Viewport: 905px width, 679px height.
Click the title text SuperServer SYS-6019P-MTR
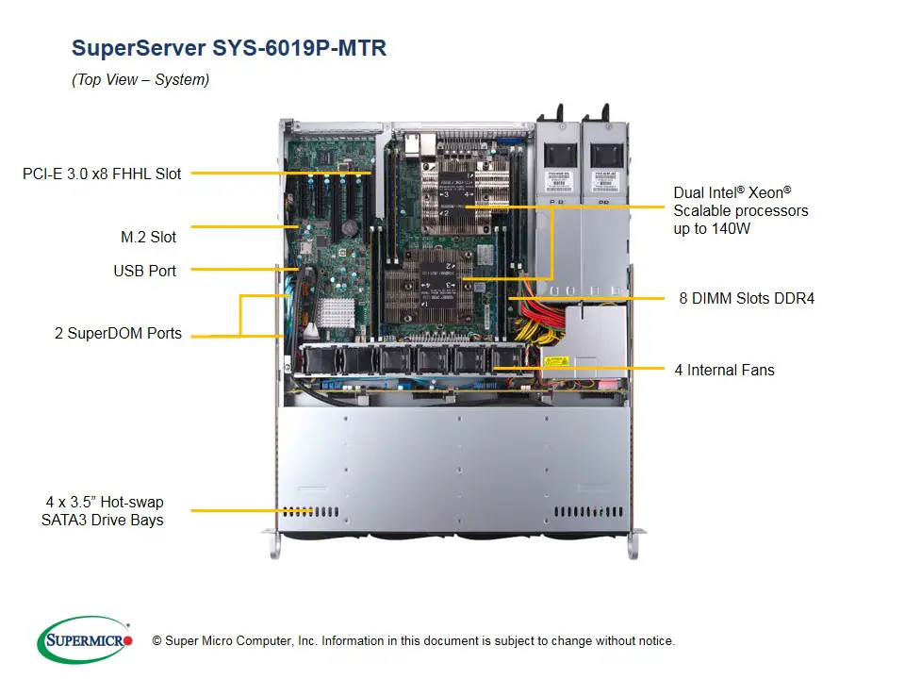[229, 48]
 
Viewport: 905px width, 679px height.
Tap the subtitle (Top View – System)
[140, 80]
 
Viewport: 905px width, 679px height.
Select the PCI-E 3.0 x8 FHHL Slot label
[102, 174]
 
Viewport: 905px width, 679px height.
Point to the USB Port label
[144, 271]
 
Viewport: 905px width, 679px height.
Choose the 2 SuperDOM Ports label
[118, 334]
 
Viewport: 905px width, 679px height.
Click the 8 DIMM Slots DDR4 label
[747, 298]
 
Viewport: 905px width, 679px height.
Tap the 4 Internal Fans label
[724, 370]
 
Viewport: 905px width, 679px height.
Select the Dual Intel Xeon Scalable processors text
[740, 210]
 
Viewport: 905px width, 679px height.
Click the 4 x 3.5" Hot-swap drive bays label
[104, 511]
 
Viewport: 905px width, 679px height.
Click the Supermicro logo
[85, 640]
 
